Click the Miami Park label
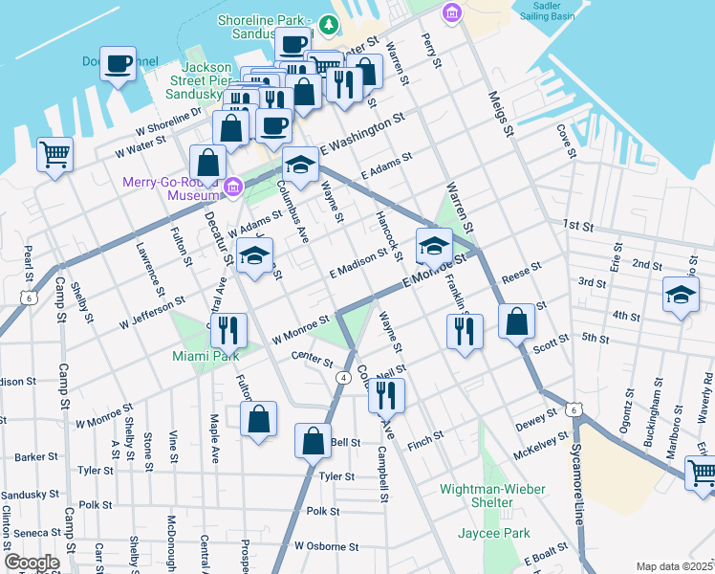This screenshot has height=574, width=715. pyautogui.click(x=204, y=356)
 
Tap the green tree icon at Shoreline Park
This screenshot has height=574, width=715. pyautogui.click(x=328, y=23)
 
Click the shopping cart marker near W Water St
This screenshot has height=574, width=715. pyautogui.click(x=55, y=154)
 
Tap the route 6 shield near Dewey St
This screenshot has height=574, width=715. pyautogui.click(x=572, y=409)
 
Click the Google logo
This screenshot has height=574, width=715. pyautogui.click(x=32, y=563)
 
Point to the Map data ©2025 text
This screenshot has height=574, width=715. pyautogui.click(x=674, y=566)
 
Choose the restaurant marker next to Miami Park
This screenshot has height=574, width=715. pyautogui.click(x=228, y=330)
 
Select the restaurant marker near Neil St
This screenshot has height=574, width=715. pyautogui.click(x=386, y=394)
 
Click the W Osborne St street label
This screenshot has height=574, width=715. pyautogui.click(x=326, y=546)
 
